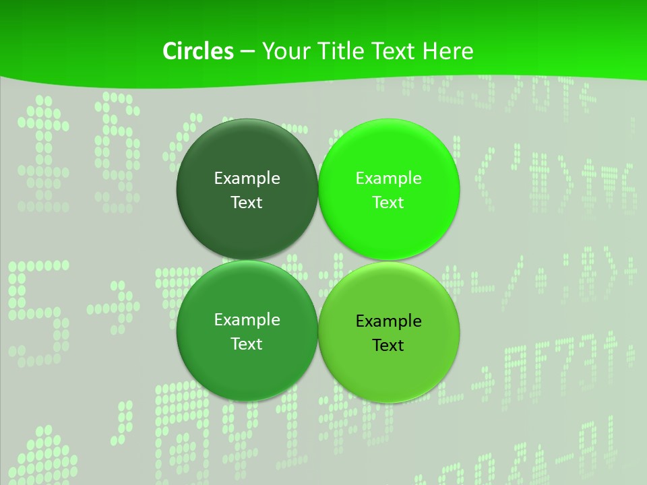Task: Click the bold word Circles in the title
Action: [x=197, y=51]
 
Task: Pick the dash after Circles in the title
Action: [x=247, y=52]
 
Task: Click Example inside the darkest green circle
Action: [x=247, y=178]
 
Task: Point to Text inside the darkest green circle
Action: [x=247, y=202]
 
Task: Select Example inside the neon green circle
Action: [x=388, y=178]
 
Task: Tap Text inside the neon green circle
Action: [x=388, y=202]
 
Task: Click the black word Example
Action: [x=388, y=321]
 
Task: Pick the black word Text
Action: [x=388, y=345]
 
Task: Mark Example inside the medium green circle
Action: [x=247, y=319]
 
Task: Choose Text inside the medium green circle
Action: [x=247, y=344]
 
